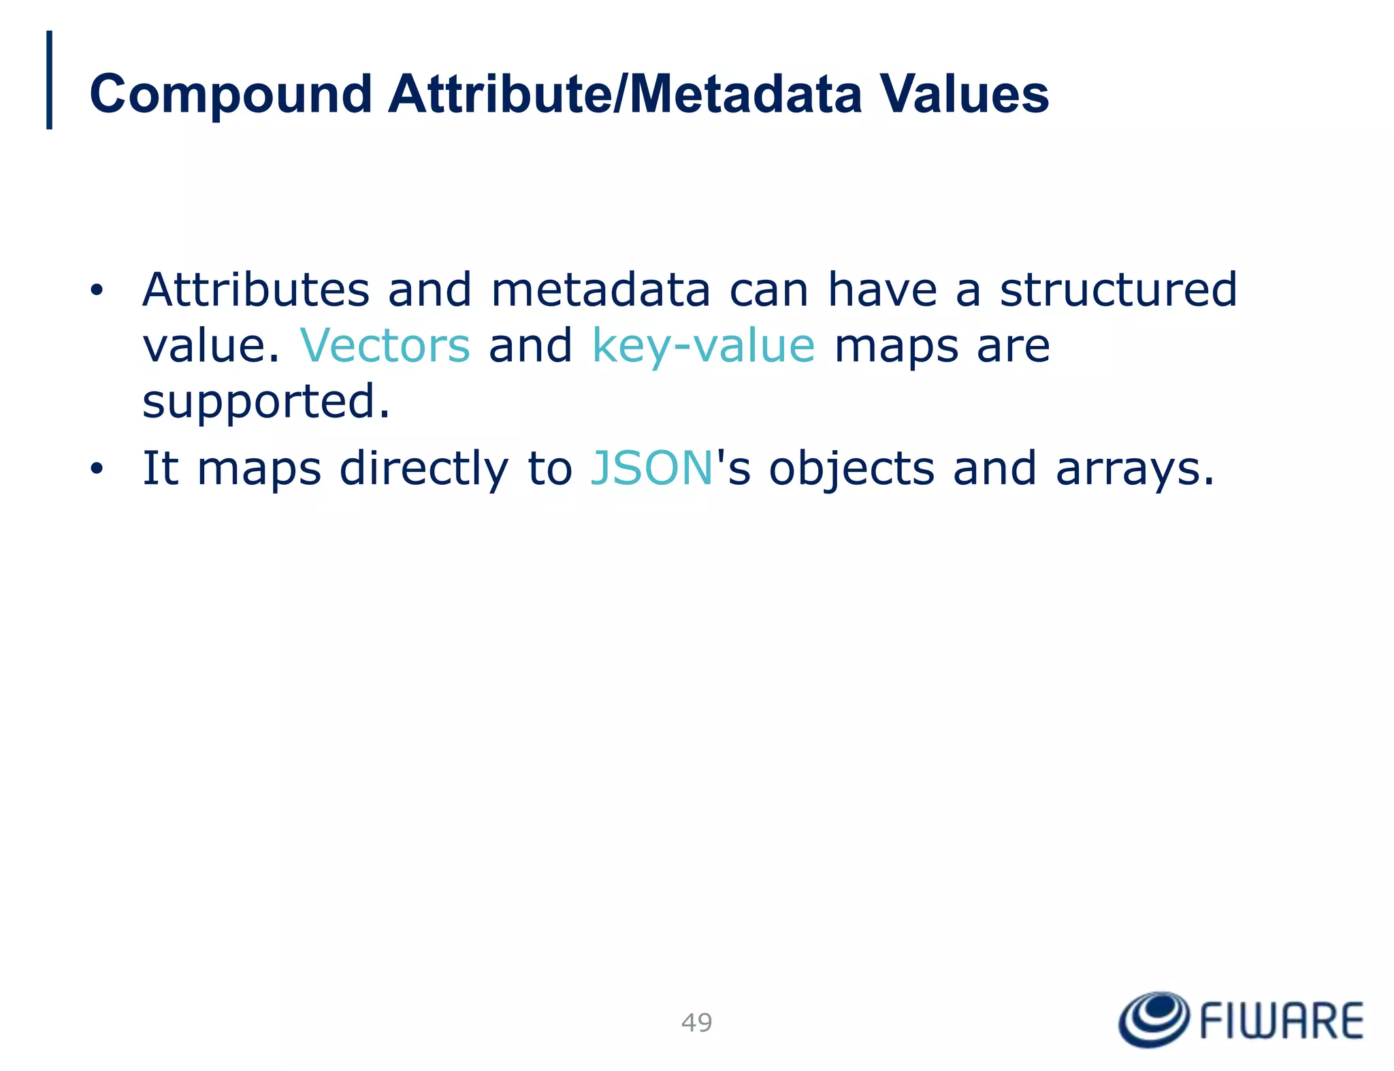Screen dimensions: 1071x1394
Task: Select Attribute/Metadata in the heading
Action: click(624, 95)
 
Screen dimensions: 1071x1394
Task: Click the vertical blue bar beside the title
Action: click(49, 80)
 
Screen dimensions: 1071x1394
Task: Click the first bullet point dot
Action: click(97, 291)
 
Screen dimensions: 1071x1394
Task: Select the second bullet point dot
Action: click(97, 469)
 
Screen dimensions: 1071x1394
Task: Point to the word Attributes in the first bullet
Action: click(255, 290)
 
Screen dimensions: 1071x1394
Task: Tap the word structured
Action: click(1118, 290)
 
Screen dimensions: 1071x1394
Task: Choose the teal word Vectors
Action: click(385, 346)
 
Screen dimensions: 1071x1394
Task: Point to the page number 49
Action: click(696, 1023)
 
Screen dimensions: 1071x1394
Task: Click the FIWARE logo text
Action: click(1281, 1021)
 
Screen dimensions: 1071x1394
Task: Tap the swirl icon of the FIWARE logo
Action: click(1154, 1019)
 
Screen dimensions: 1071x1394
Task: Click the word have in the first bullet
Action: click(882, 290)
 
